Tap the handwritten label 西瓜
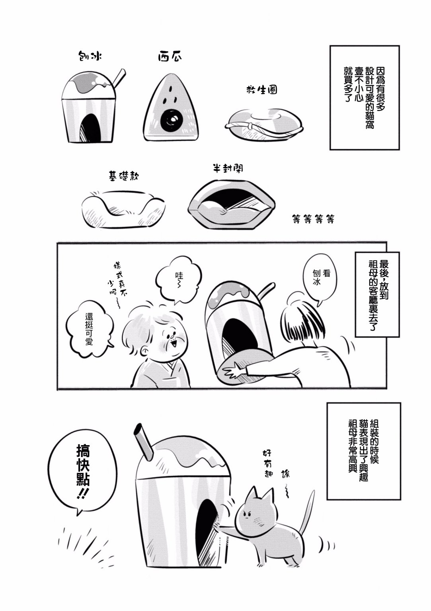170,56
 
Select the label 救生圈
261,90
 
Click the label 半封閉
228,168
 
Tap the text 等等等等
313,218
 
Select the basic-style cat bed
123,208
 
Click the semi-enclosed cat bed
232,204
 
